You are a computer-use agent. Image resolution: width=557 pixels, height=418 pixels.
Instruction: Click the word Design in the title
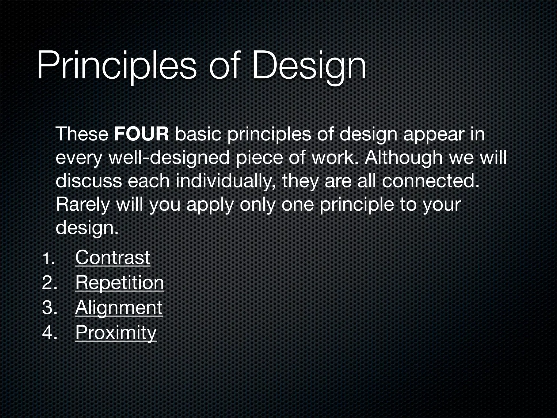coord(309,67)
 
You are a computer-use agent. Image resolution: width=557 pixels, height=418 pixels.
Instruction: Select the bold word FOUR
coord(141,134)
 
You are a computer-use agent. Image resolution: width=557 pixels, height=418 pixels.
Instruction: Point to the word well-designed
coord(169,158)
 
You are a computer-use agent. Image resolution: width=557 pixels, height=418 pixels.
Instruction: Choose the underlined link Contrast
coord(113,257)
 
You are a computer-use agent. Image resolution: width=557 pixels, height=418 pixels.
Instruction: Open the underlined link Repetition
coord(120,283)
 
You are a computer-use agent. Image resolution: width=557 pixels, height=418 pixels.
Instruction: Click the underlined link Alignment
coord(119,308)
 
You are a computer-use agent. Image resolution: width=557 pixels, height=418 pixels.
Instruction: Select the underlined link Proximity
coord(116,333)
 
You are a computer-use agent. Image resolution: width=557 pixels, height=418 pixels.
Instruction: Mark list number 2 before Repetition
coord(49,283)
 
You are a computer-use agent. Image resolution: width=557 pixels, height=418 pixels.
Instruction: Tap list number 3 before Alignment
coord(49,308)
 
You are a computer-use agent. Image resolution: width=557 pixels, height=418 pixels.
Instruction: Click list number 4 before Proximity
coord(49,333)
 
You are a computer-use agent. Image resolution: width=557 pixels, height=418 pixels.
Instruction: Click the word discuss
coord(89,181)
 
